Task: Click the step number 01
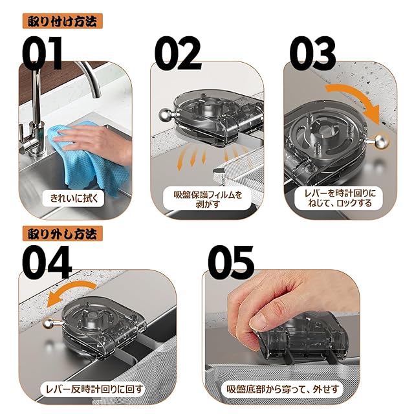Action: point(41,53)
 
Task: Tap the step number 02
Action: point(178,53)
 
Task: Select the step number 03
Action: point(312,53)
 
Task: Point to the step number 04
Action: point(47,262)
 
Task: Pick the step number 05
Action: point(231,262)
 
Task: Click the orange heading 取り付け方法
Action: point(62,21)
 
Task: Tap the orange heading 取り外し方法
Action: point(62,234)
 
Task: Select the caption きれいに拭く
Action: point(74,198)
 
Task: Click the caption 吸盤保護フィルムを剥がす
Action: point(208,199)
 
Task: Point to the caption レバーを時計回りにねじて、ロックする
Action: point(340,198)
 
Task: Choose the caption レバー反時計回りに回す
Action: point(94,389)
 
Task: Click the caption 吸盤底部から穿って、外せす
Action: point(283,389)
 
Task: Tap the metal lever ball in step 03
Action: point(382,142)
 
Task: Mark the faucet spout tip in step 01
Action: point(97,96)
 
